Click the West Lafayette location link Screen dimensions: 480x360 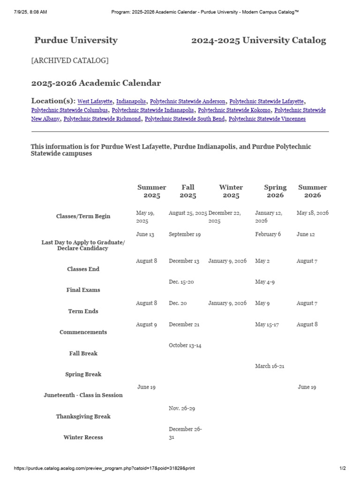95,101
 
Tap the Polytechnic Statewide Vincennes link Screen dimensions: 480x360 267,119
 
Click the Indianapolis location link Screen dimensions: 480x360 131,101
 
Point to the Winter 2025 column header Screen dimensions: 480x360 231,191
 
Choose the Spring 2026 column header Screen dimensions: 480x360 275,191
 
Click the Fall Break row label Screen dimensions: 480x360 83,353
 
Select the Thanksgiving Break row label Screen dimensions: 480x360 83,416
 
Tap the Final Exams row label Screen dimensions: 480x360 83,290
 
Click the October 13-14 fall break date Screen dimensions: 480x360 185,345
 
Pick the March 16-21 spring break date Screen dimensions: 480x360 270,366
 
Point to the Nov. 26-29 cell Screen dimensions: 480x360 182,408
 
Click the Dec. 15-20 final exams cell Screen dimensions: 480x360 181,282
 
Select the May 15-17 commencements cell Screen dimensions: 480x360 267,324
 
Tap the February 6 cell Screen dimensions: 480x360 268,234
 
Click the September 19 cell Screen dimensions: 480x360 185,234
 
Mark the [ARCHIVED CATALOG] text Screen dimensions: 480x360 70,60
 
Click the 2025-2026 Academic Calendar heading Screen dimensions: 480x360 96,83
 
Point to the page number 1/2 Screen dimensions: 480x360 342,469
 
